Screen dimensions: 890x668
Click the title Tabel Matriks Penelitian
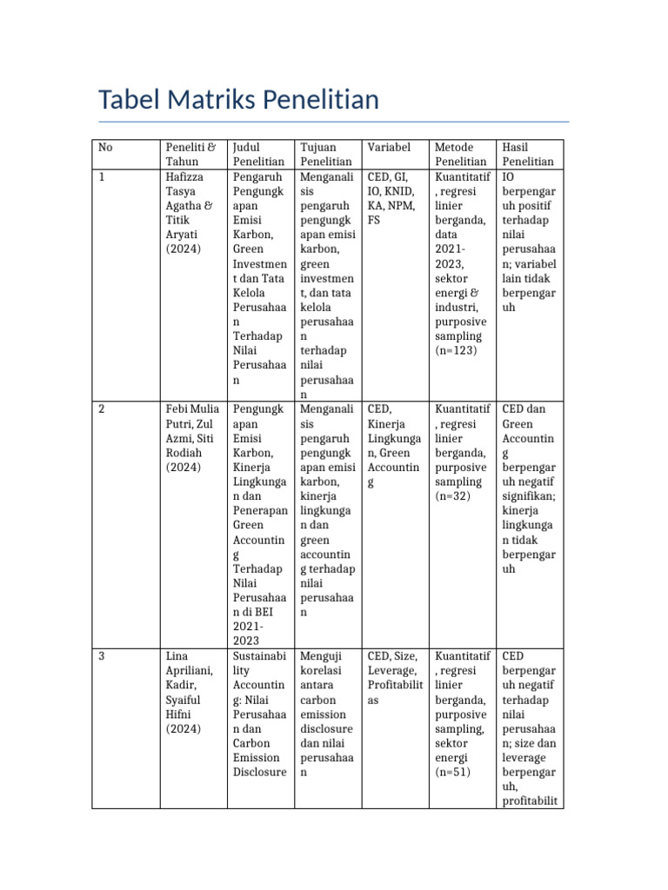pyautogui.click(x=239, y=100)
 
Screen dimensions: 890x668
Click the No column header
pyautogui.click(x=105, y=147)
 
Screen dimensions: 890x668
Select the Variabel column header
pyautogui.click(x=389, y=147)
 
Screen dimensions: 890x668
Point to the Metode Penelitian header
pyautogui.click(x=461, y=154)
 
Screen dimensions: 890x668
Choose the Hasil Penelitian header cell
pyautogui.click(x=528, y=154)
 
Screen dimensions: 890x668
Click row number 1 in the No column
pyautogui.click(x=102, y=176)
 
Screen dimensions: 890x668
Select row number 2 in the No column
pyautogui.click(x=102, y=408)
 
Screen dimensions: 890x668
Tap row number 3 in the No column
pyautogui.click(x=102, y=656)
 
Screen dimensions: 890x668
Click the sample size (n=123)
pyautogui.click(x=456, y=350)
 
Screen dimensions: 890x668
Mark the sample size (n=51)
pyautogui.click(x=453, y=772)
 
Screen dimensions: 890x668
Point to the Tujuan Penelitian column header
pyautogui.click(x=326, y=154)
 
